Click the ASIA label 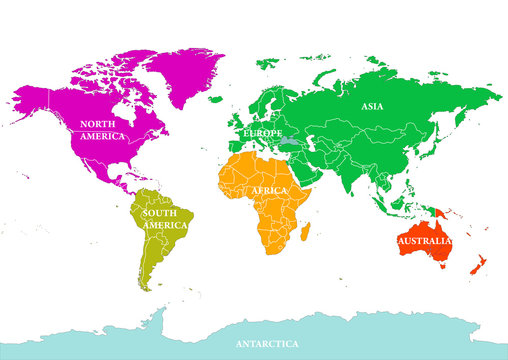[373, 106]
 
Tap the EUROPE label [263, 132]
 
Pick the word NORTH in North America [101, 123]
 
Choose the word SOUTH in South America [160, 213]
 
